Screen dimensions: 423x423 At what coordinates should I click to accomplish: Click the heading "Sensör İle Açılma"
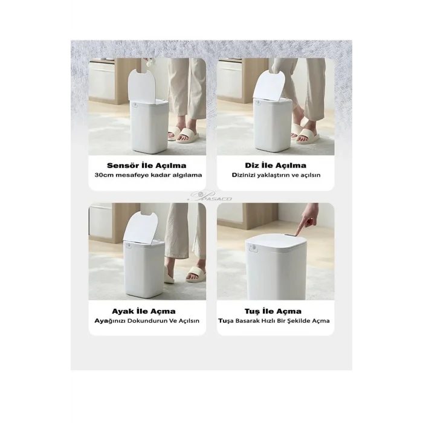tap(146, 166)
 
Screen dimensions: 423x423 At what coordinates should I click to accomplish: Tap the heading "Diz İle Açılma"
tap(276, 166)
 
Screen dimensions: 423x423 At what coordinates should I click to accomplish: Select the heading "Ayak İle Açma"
tap(144, 311)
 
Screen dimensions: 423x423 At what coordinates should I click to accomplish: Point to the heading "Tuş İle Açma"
tap(273, 311)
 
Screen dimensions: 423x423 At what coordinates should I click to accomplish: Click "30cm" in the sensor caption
tap(102, 175)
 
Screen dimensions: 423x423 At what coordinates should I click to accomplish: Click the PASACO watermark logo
tap(210, 196)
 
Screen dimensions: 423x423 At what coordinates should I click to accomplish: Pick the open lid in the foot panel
tap(140, 227)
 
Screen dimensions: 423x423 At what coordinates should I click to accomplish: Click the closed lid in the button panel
tap(276, 242)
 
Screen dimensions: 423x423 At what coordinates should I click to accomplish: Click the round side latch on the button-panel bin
tap(254, 248)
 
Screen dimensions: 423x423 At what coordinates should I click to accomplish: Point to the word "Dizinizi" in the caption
tap(244, 175)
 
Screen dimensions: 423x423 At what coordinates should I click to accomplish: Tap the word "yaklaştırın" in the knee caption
tap(274, 175)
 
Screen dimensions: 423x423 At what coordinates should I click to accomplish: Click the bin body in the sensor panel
tap(150, 126)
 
